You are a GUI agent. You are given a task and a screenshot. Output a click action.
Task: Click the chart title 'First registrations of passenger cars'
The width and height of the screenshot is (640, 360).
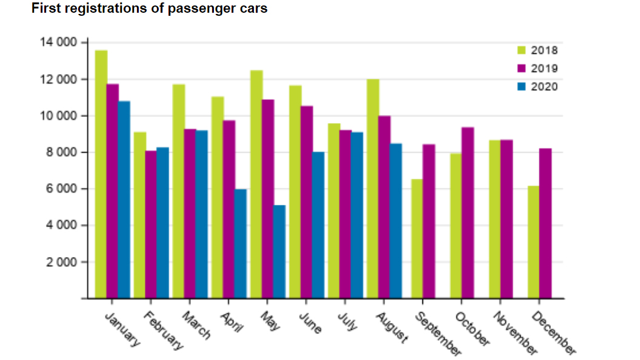click(x=150, y=9)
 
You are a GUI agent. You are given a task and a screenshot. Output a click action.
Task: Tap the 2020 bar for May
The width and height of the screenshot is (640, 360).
click(x=279, y=252)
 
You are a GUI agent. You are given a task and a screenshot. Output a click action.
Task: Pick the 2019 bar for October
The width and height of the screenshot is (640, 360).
click(x=467, y=213)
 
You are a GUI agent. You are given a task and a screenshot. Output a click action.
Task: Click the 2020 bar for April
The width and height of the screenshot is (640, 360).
click(x=240, y=244)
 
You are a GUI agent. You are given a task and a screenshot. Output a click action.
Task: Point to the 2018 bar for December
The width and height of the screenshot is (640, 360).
click(x=533, y=242)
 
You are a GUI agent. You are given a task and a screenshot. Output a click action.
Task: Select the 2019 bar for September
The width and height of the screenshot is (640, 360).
click(x=428, y=221)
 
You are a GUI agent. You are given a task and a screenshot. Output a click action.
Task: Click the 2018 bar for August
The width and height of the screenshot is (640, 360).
click(x=373, y=188)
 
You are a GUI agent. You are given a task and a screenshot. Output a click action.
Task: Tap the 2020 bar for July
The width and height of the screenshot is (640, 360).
click(x=356, y=215)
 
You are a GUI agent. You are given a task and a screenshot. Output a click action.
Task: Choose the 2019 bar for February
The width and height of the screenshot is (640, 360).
click(x=151, y=224)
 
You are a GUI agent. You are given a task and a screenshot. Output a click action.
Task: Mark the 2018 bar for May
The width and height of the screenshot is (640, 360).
click(x=256, y=184)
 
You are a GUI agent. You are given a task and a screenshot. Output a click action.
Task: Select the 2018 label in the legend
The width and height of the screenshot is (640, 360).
click(x=544, y=51)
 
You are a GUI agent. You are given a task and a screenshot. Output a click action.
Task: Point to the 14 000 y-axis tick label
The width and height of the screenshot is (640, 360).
click(x=58, y=42)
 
